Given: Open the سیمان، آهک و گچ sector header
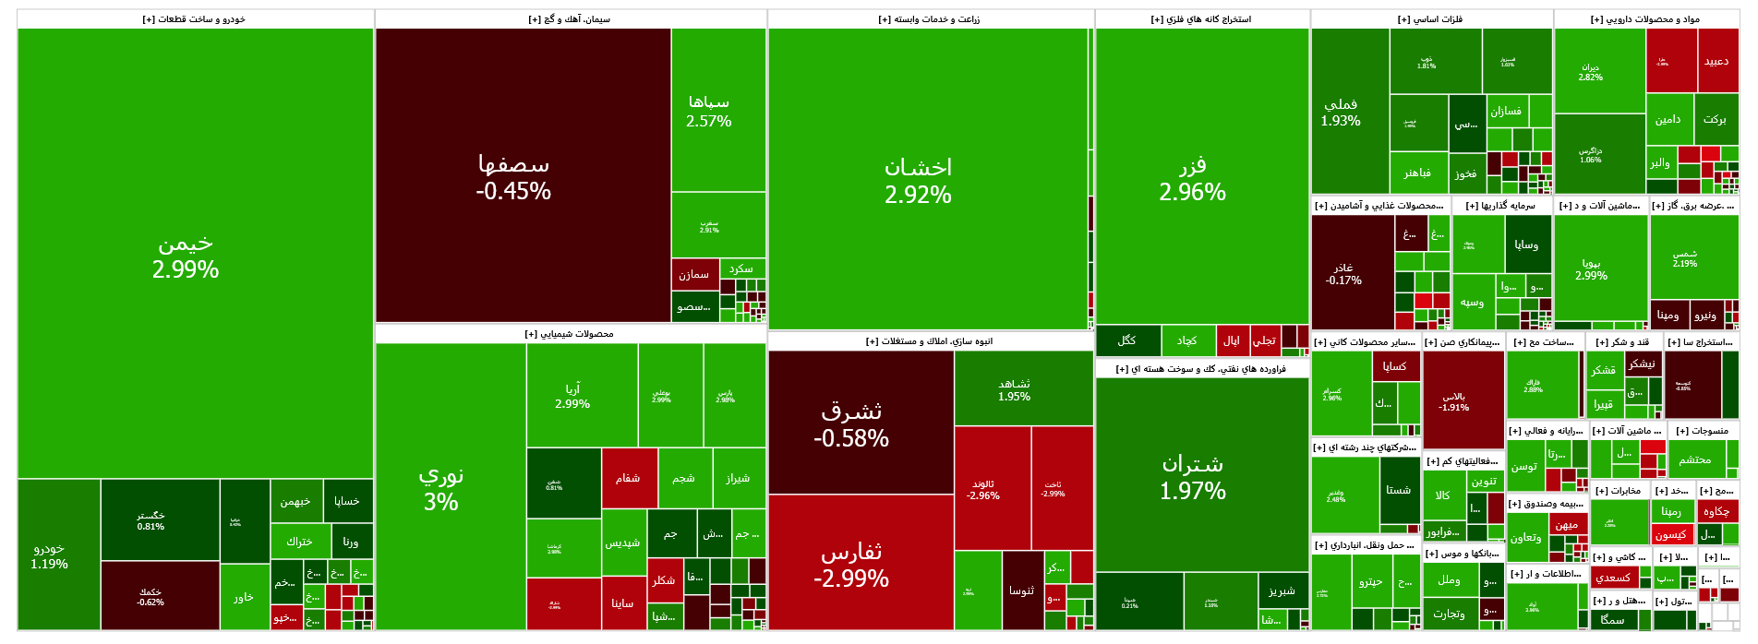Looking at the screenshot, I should click(570, 19).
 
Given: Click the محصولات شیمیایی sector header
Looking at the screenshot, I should click(570, 334).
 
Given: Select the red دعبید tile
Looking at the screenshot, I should click(1716, 61).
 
